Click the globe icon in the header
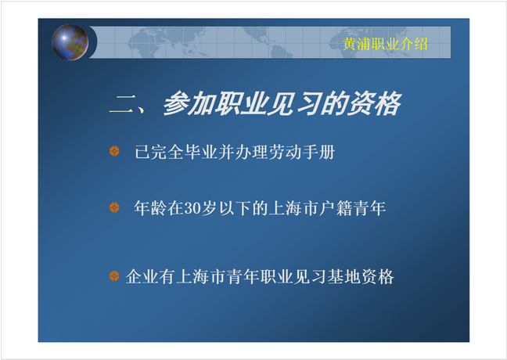pyautogui.click(x=70, y=42)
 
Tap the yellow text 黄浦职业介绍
pyautogui.click(x=385, y=44)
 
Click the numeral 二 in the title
pyautogui.click(x=121, y=105)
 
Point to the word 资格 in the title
pyautogui.click(x=375, y=103)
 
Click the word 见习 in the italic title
pyautogui.click(x=293, y=103)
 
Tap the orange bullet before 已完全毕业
pyautogui.click(x=114, y=151)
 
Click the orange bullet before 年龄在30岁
pyautogui.click(x=114, y=207)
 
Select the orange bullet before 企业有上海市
pyautogui.click(x=114, y=276)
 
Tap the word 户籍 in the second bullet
pyautogui.click(x=336, y=208)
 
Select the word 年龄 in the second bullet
pyautogui.click(x=150, y=208)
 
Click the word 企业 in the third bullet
pyautogui.click(x=142, y=276)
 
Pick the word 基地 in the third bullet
pyautogui.click(x=343, y=276)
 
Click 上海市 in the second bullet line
pyautogui.click(x=293, y=208)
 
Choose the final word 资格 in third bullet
pyautogui.click(x=377, y=276)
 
